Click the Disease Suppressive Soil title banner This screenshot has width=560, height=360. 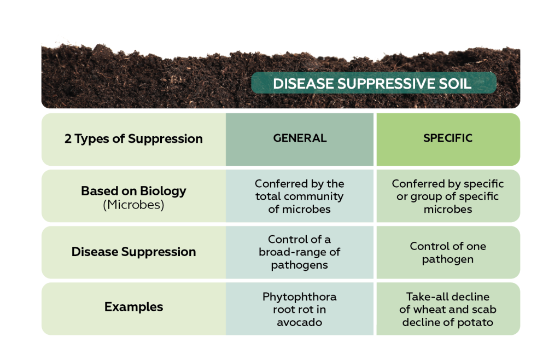pos(373,84)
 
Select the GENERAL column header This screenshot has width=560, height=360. pos(300,138)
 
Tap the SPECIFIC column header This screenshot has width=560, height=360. pos(447,138)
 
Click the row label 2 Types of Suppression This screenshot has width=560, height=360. pos(133,139)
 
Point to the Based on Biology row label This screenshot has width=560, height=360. pos(133,191)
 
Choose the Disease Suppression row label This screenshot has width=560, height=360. pos(133,252)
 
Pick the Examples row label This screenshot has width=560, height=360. pos(133,307)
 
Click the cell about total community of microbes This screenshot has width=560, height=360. pos(300,196)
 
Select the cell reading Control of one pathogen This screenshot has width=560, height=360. pos(447,252)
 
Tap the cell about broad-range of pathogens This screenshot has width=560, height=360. pos(300,252)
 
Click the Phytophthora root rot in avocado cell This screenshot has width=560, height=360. pos(300,309)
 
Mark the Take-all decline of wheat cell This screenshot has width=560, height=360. pos(447,309)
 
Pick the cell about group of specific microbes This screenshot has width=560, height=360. pos(447,196)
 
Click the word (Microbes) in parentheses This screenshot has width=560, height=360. pos(133,206)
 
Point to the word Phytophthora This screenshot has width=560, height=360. pos(300,297)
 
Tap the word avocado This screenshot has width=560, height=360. pos(300,322)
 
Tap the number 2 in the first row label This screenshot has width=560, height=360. pos(68,139)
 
